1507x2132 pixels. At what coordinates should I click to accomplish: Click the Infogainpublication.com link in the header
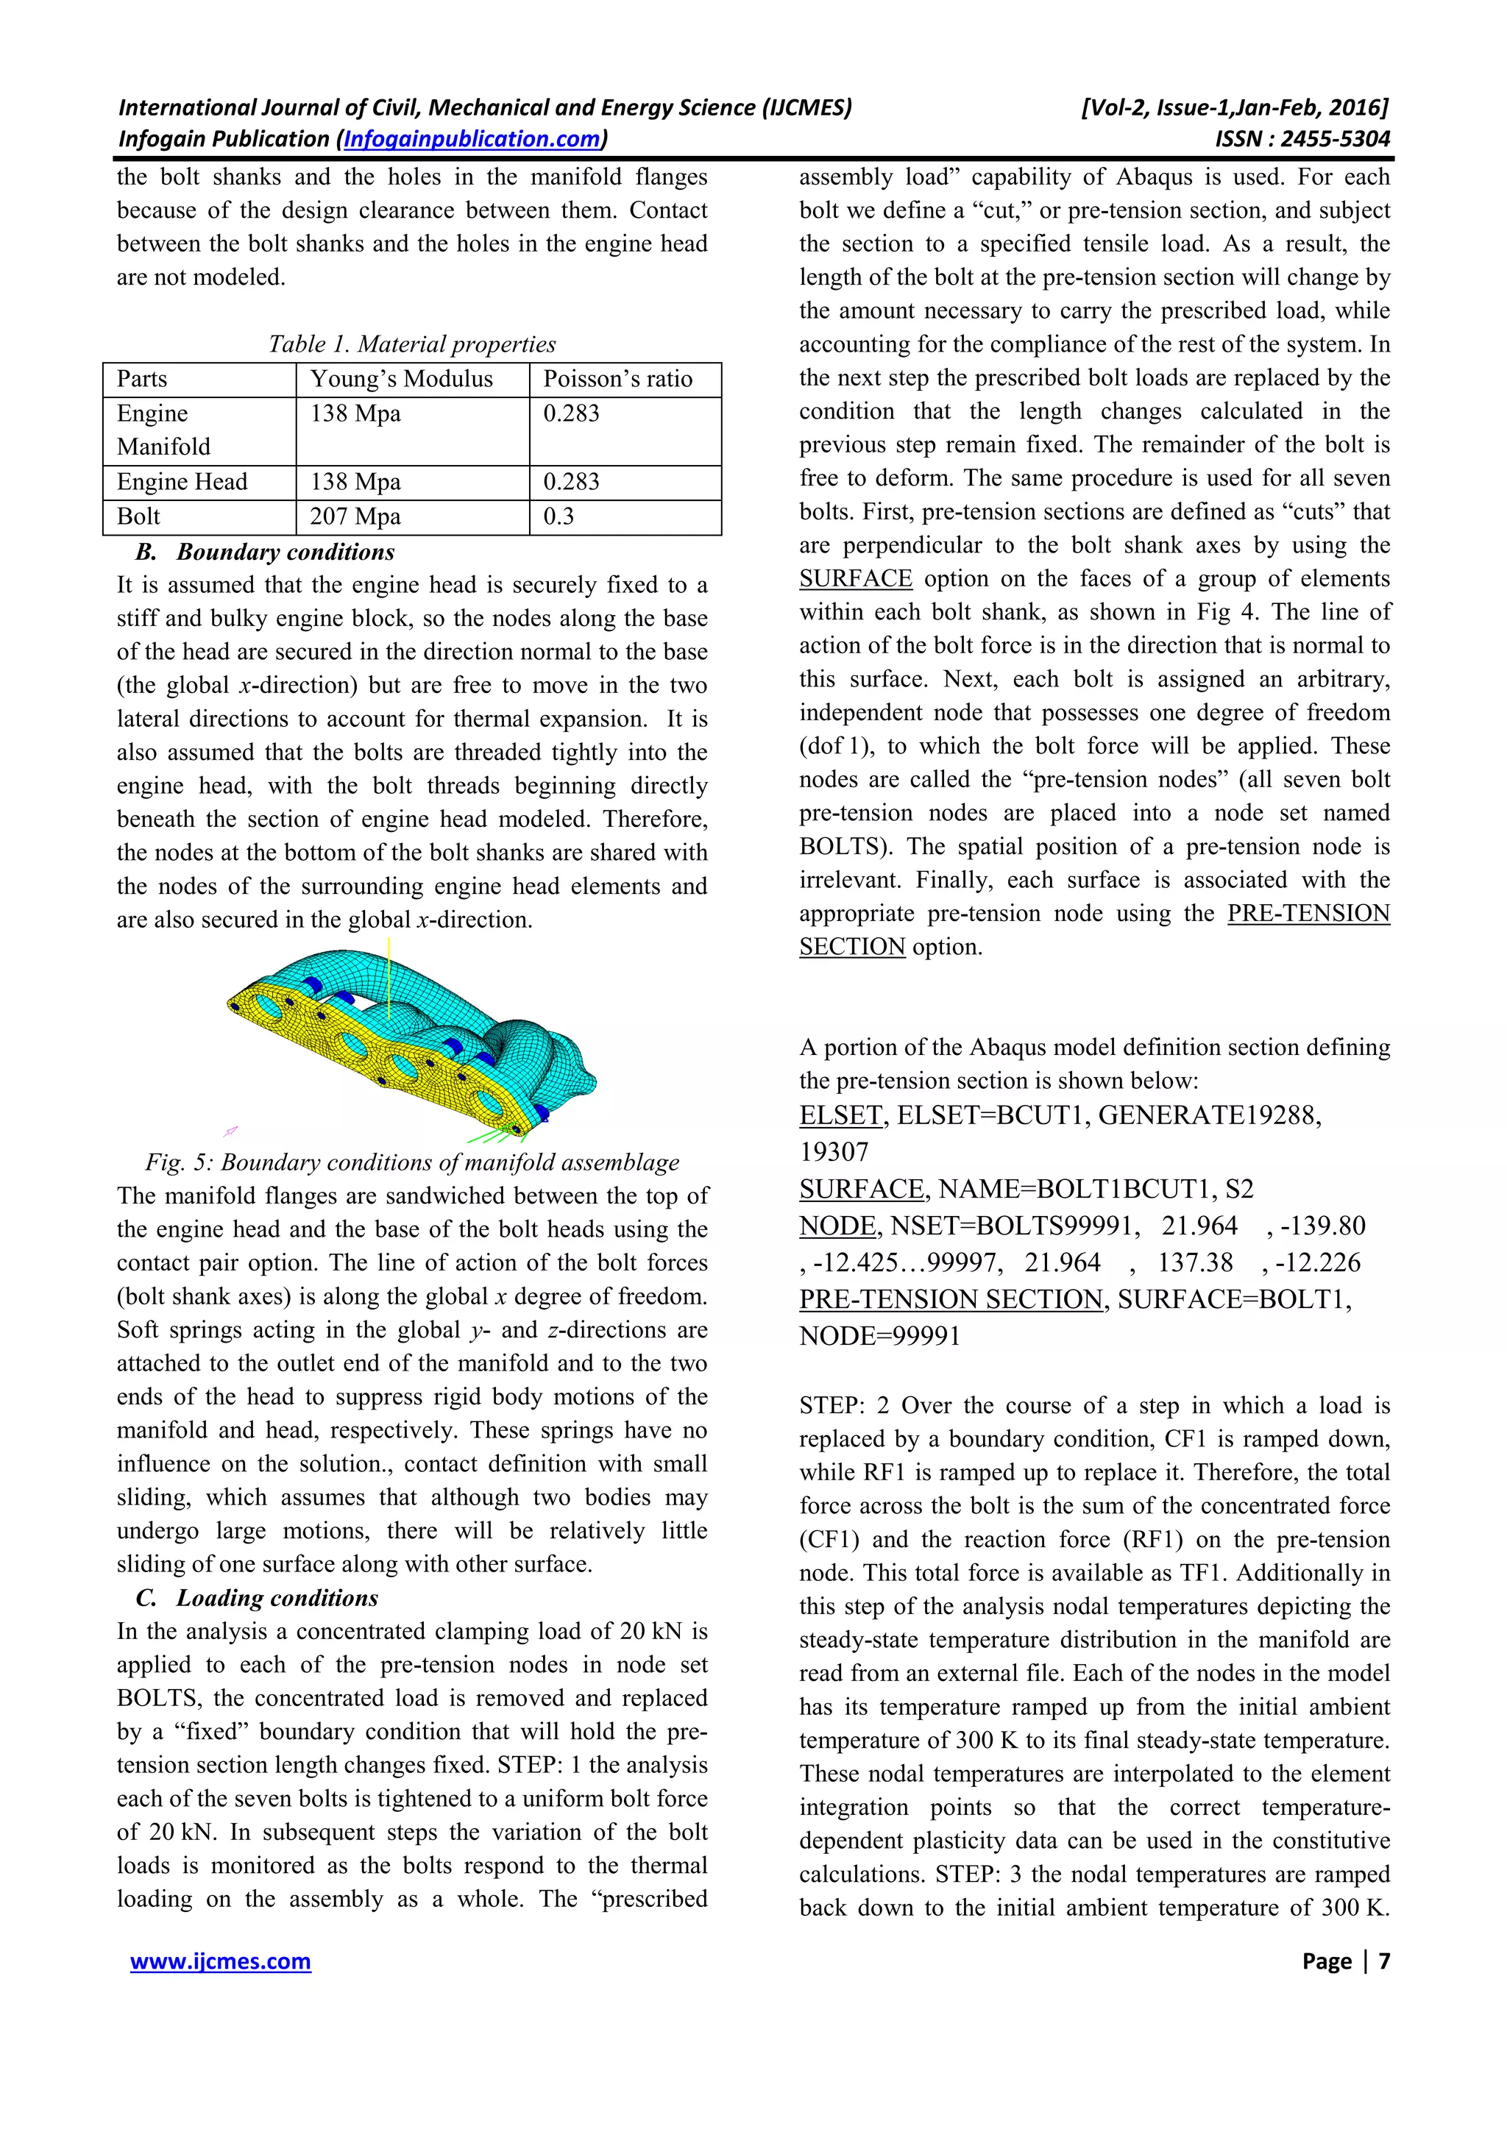coord(472,139)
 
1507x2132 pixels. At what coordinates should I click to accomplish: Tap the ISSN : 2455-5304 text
coord(1302,139)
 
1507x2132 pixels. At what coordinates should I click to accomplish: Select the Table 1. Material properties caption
coord(411,344)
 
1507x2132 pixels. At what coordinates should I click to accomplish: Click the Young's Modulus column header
coord(401,379)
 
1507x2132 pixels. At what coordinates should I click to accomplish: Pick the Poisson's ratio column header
coord(617,379)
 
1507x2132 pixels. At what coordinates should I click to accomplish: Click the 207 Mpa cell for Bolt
coord(355,516)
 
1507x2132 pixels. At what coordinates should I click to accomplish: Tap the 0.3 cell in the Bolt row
coord(559,516)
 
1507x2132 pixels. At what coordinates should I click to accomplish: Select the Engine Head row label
coord(182,482)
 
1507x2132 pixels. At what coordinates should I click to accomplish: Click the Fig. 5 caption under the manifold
coord(411,1162)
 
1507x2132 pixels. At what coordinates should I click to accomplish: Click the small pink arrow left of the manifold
coord(231,1131)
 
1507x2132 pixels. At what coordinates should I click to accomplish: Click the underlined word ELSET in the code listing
coord(840,1115)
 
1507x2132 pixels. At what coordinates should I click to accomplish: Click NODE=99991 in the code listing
coord(879,1336)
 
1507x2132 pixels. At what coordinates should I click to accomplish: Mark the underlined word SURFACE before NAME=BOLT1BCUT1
coord(861,1190)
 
